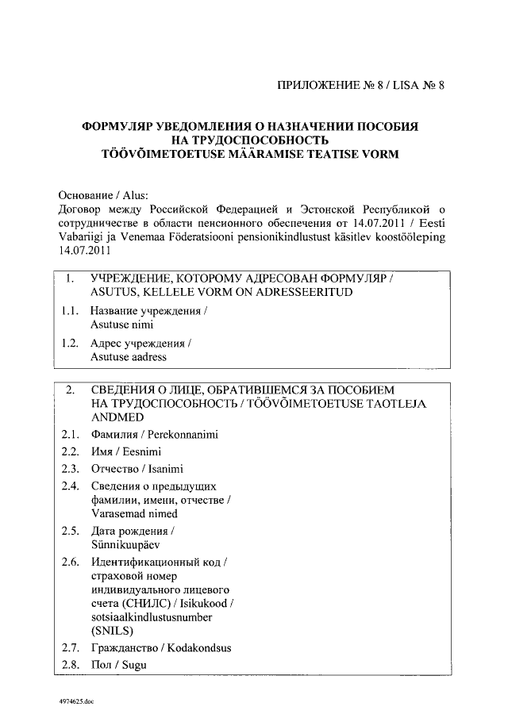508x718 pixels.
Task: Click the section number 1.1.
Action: pyautogui.click(x=70, y=312)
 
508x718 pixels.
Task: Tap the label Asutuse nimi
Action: pyautogui.click(x=121, y=324)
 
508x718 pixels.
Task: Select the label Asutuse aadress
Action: pyautogui.click(x=129, y=357)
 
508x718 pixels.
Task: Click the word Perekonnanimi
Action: pyautogui.click(x=181, y=435)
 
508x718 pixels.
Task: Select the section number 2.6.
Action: pyautogui.click(x=70, y=563)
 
